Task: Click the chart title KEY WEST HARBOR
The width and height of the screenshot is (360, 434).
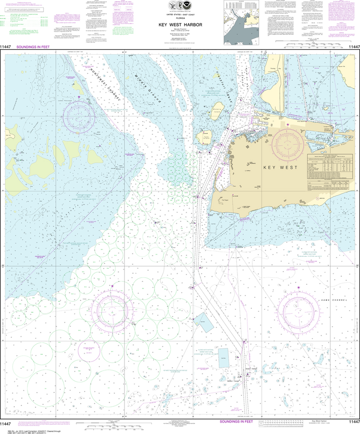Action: click(180, 25)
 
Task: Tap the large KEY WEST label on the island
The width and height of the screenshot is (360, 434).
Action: click(279, 167)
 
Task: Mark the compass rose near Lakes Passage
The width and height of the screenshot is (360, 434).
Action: click(78, 114)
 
